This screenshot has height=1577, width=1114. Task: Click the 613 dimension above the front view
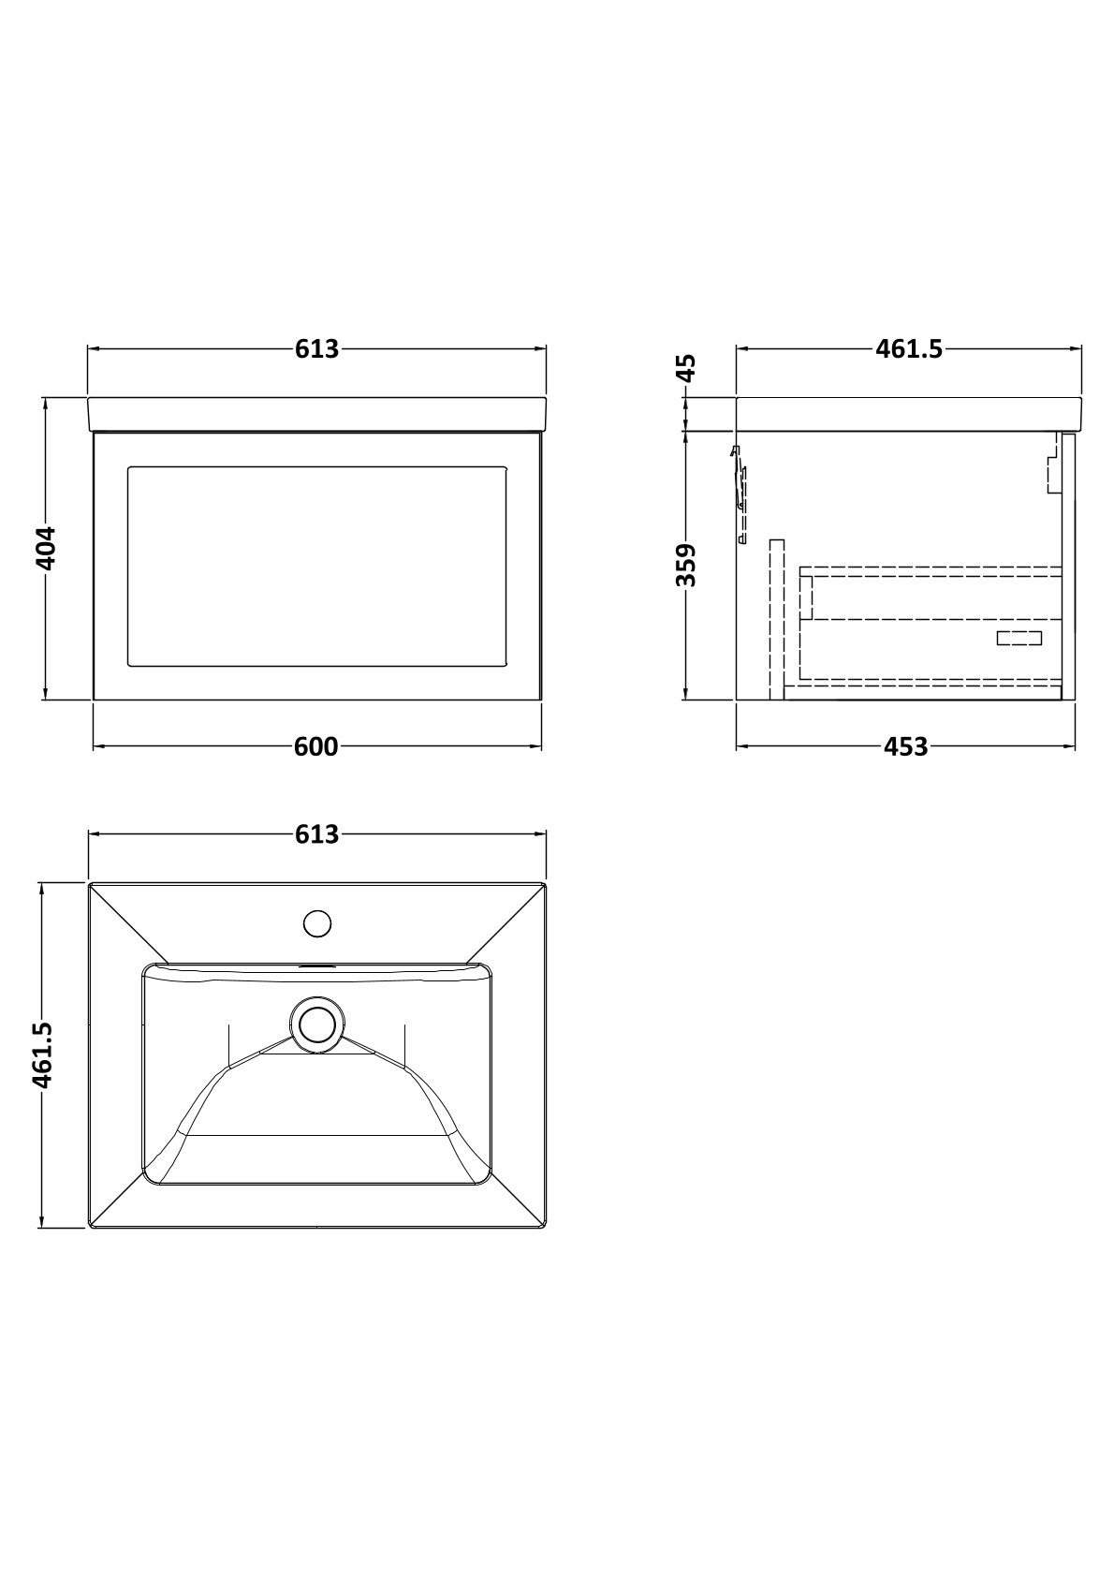[316, 348]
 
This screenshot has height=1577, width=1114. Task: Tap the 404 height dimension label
[45, 549]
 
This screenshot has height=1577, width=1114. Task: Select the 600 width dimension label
[316, 747]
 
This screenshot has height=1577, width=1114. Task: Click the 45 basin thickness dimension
[685, 368]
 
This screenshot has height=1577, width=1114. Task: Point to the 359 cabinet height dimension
[685, 565]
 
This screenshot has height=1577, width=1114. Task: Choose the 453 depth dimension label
[905, 747]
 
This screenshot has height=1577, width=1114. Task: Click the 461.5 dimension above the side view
[908, 348]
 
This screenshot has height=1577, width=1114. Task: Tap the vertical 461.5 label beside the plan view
[44, 1055]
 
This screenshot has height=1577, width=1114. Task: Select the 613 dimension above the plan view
[316, 834]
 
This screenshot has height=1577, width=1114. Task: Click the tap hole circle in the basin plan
[316, 923]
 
